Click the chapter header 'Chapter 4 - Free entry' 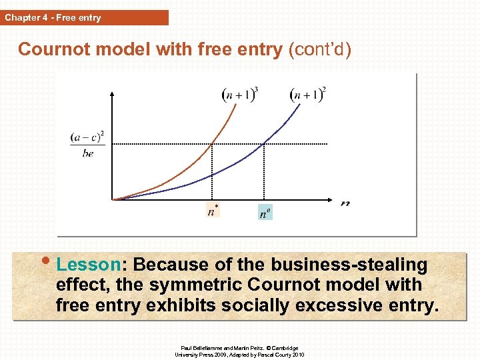coord(53,18)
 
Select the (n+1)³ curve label coord(239,94)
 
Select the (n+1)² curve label coord(307,94)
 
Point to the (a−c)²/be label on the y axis coord(87,143)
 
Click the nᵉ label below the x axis coord(265,213)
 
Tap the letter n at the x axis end coord(345,204)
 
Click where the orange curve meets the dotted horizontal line coord(212,143)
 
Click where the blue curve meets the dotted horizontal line coord(265,143)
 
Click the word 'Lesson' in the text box coord(85,265)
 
